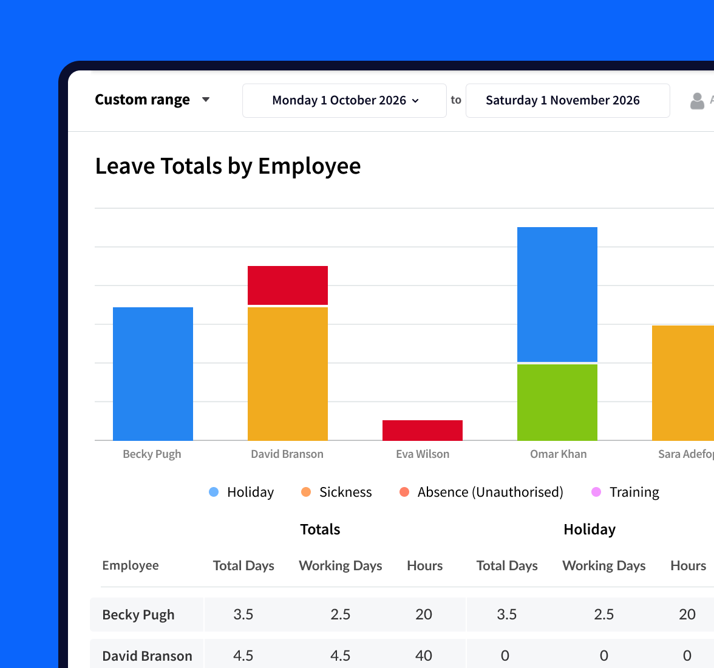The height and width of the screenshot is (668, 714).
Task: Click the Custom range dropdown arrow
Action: (x=206, y=100)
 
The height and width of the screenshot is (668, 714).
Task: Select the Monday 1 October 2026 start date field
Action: (x=344, y=101)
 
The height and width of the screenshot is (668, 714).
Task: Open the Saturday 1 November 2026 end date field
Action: (x=567, y=101)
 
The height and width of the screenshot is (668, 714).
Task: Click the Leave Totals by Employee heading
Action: (x=228, y=166)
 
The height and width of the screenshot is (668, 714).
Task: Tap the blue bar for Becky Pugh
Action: (x=153, y=373)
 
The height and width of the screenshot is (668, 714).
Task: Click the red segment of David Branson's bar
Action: (x=288, y=285)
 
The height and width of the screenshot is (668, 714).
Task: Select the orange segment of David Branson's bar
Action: (x=288, y=373)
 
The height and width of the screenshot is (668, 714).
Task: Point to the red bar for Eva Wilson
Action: (x=423, y=430)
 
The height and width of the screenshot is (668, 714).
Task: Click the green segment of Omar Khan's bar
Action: (x=557, y=402)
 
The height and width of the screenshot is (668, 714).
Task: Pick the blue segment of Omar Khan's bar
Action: (x=557, y=295)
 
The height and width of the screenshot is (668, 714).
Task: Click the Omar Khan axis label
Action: (x=558, y=454)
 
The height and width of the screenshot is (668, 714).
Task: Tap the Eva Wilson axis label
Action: (x=423, y=454)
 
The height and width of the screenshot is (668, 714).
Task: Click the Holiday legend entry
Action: (x=242, y=492)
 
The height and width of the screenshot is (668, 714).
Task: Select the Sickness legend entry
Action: (x=337, y=492)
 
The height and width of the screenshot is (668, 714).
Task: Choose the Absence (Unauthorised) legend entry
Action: (x=481, y=492)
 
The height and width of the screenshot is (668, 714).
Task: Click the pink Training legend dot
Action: (x=596, y=492)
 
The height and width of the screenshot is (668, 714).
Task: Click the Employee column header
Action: (x=131, y=565)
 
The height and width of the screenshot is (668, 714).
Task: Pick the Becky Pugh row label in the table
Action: (x=138, y=615)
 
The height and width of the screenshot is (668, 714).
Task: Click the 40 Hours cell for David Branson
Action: (x=424, y=656)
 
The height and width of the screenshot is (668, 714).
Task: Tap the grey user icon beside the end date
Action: (x=698, y=101)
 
